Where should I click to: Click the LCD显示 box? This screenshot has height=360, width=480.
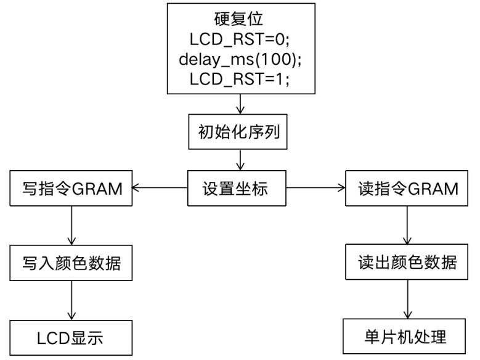point(72,338)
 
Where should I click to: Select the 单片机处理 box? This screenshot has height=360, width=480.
point(407,338)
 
